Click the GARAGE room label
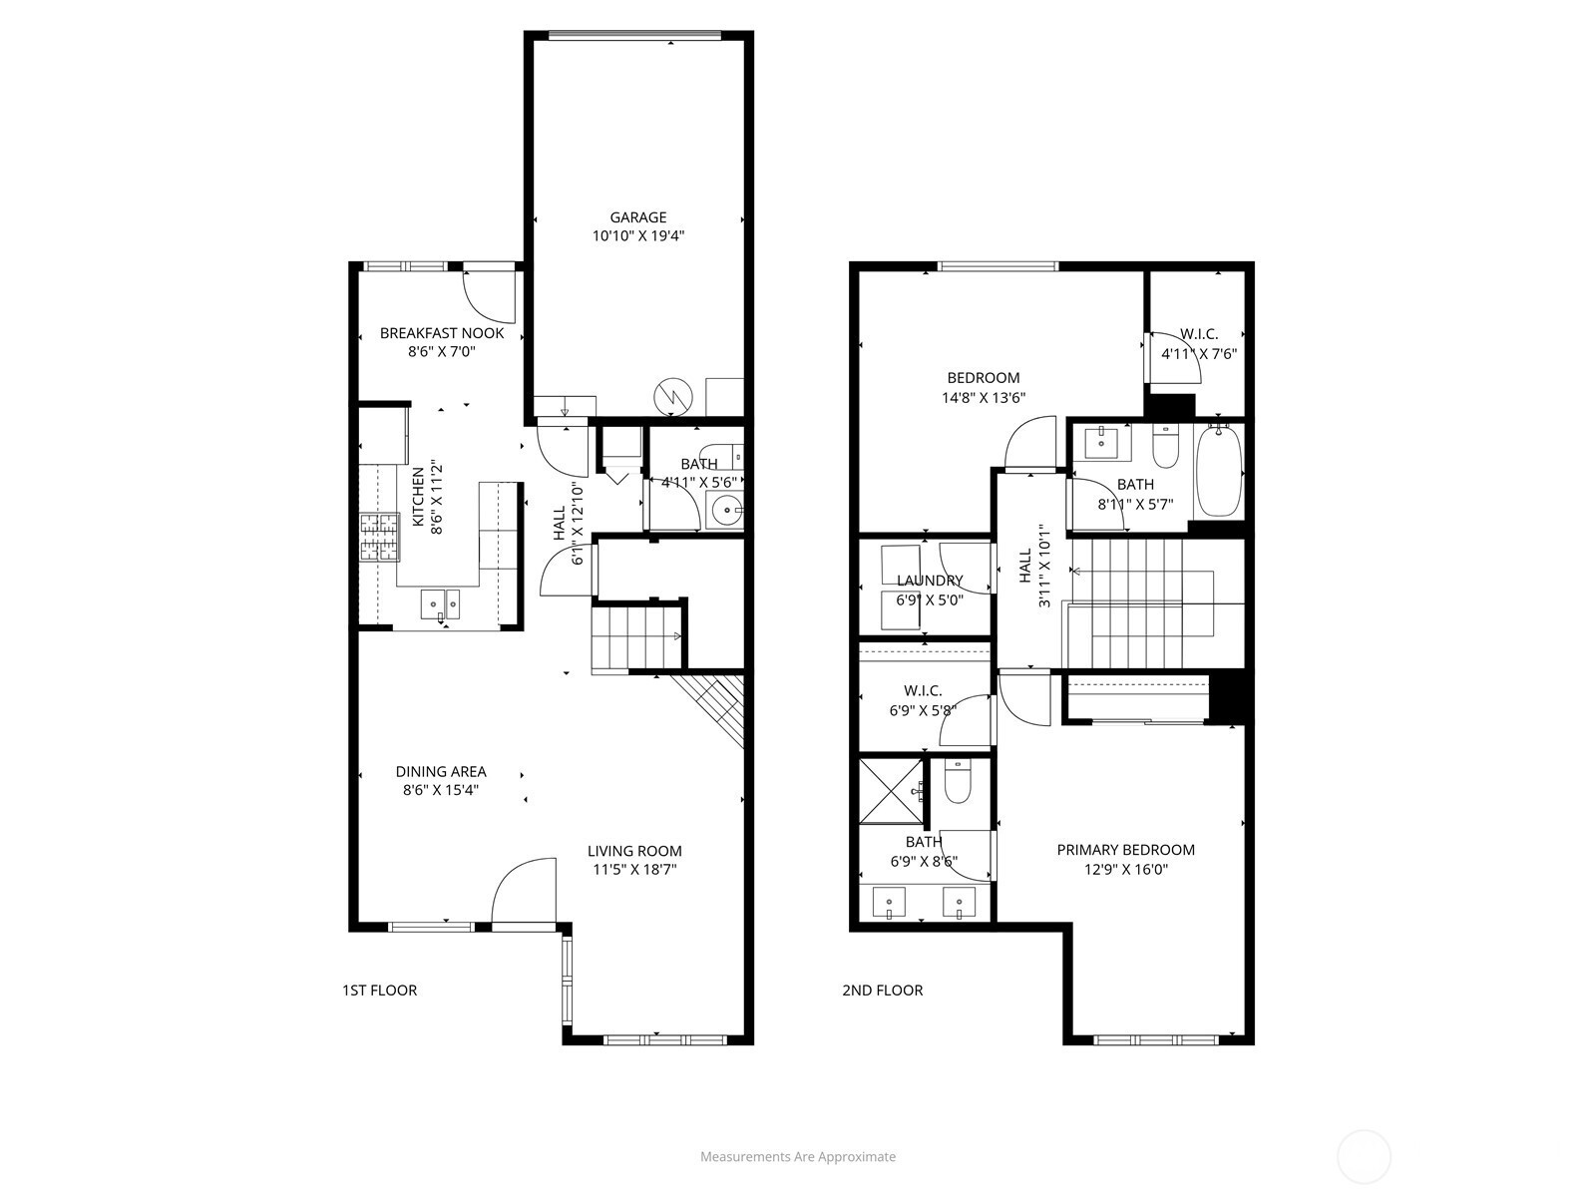pos(637,217)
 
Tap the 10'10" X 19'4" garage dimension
pos(637,236)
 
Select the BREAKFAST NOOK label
pos(441,333)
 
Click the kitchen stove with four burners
pos(379,537)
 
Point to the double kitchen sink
pos(441,603)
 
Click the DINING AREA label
pos(441,772)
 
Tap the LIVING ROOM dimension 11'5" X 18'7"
pos(634,869)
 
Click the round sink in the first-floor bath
pos(724,511)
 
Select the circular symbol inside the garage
pos(673,396)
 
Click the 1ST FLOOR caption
pos(380,990)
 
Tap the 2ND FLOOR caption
pos(882,990)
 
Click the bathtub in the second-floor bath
pos(1219,471)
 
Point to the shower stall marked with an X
pos(891,791)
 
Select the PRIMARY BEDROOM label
pos(1125,850)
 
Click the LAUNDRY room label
pos(930,581)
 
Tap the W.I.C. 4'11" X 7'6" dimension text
pos(1198,355)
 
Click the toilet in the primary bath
pos(957,781)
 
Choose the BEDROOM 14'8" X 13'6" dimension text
pos(984,398)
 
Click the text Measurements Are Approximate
pos(798,1156)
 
